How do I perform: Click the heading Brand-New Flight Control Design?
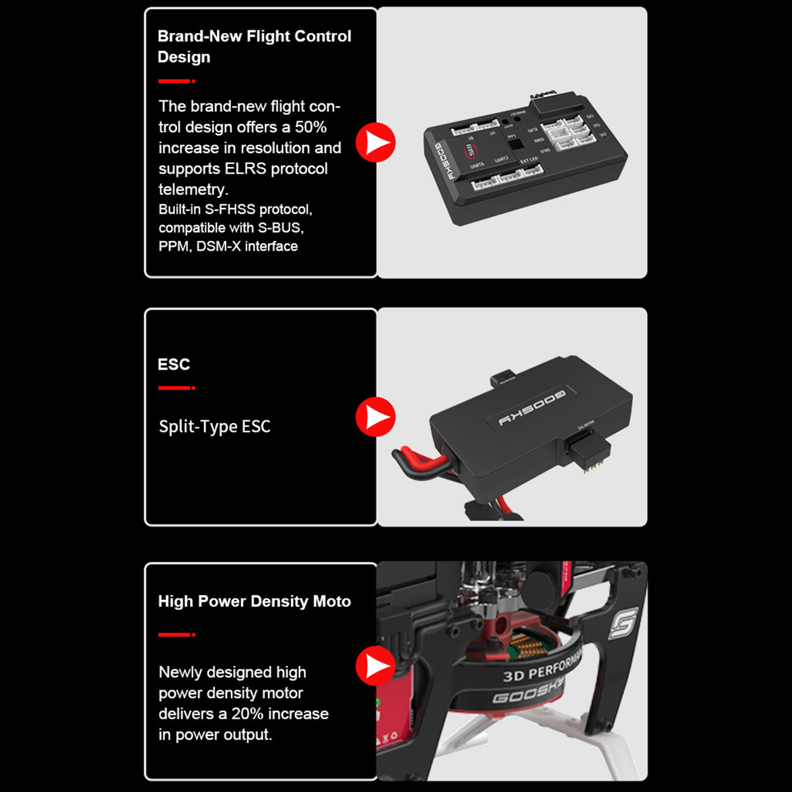click(x=254, y=46)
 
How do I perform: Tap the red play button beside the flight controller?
click(x=376, y=142)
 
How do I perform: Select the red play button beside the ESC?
click(x=376, y=417)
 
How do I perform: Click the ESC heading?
click(x=174, y=364)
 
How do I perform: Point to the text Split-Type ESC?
click(x=214, y=426)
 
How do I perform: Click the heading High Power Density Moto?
click(x=254, y=601)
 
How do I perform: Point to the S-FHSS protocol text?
click(x=234, y=210)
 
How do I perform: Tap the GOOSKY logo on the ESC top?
click(x=532, y=407)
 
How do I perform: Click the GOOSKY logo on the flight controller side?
click(x=442, y=162)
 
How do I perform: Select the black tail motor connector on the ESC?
click(x=585, y=452)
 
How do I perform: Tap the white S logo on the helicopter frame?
click(x=623, y=624)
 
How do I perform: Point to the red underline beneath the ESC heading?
click(x=176, y=388)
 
